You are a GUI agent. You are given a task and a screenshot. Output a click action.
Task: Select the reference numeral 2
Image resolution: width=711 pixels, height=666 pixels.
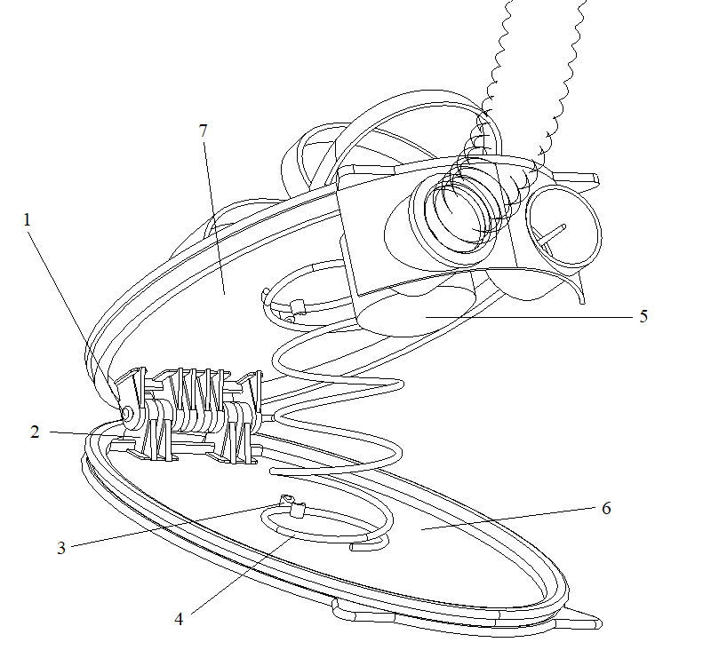point(35,432)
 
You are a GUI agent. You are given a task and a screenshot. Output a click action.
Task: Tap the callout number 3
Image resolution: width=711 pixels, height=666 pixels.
point(61,548)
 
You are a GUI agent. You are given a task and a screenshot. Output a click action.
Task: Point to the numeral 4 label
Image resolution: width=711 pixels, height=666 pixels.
point(179,619)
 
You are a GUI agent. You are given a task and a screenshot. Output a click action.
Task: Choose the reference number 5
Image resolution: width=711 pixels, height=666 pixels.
point(643,315)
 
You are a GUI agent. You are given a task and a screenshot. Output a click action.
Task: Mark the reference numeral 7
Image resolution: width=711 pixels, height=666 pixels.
point(204,130)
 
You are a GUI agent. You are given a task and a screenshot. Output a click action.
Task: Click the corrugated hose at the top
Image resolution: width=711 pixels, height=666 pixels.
point(524,71)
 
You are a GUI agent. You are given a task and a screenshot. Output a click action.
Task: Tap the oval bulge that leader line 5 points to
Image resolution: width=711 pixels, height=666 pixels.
point(418,311)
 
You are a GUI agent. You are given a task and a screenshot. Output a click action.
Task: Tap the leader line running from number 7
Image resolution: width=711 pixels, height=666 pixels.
point(213,213)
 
